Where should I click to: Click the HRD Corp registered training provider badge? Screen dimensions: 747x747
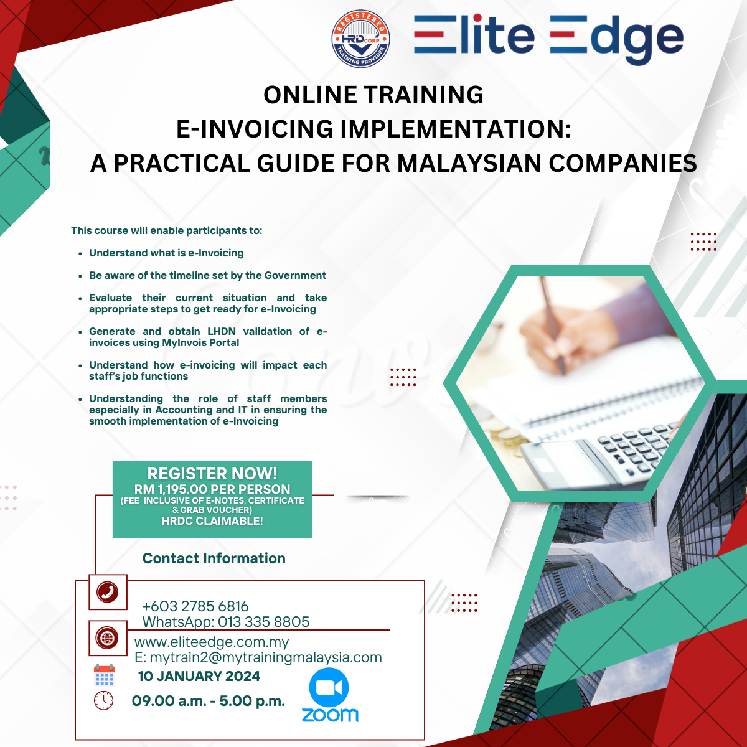point(360,39)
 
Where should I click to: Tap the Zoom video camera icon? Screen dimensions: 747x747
point(329,687)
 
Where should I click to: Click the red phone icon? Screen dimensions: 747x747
point(107,592)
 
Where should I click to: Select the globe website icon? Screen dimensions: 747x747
point(107,637)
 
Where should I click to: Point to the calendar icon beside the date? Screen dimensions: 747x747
point(105,675)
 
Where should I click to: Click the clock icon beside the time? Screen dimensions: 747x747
point(103,700)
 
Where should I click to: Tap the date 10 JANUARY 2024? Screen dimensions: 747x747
point(199,676)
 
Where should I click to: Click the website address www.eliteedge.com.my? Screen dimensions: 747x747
point(212,642)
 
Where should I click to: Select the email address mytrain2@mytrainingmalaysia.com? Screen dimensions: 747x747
point(266,657)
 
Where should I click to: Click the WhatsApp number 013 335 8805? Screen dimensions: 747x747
point(263,622)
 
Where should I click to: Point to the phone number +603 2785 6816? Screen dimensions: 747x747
point(195,606)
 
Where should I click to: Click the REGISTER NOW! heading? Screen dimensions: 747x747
point(212,473)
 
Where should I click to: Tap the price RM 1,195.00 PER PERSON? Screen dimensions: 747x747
point(212,489)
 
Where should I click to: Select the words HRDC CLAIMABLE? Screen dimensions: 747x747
point(212,520)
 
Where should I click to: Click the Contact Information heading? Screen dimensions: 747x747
point(214,558)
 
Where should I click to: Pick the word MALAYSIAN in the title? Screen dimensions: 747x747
point(469,163)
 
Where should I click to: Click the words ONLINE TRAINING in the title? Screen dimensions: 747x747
point(374,95)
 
